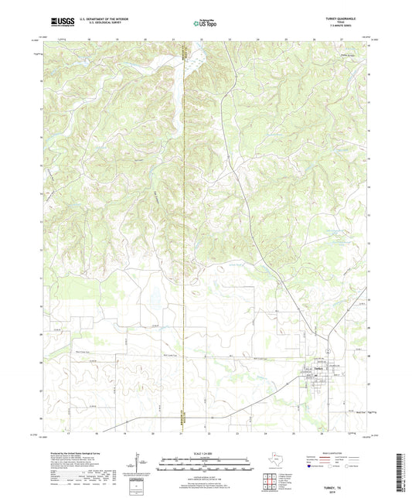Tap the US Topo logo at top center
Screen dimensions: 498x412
click(x=205, y=23)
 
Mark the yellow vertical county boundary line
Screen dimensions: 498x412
click(x=184, y=232)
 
